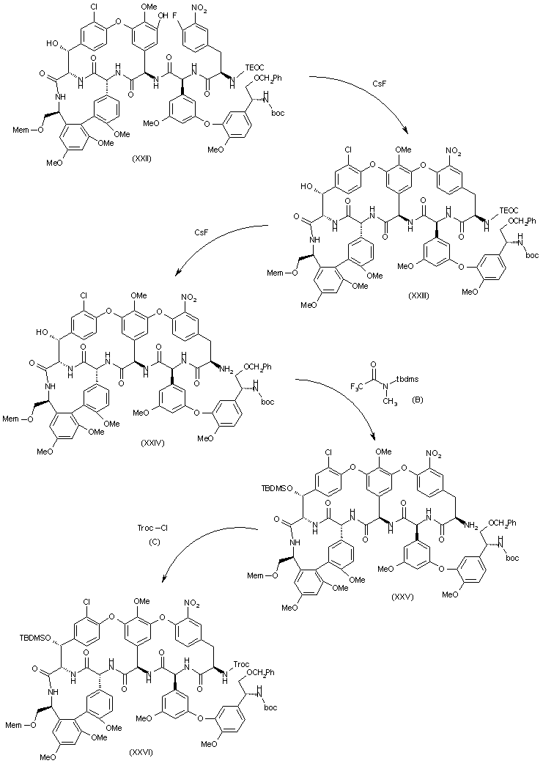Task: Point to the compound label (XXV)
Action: click(403, 596)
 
